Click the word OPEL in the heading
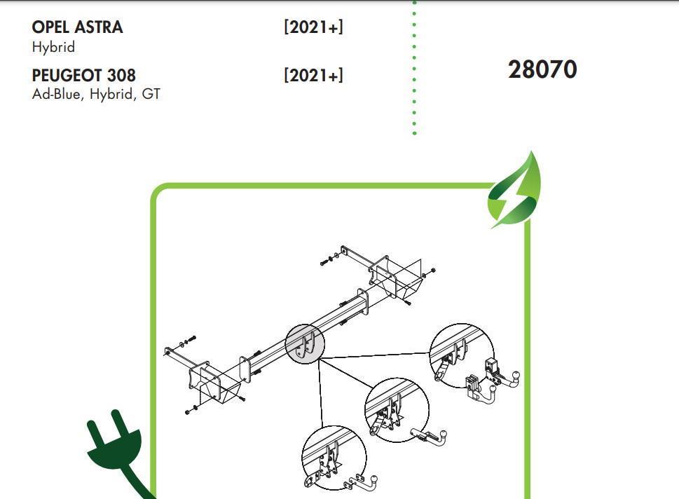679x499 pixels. [50, 27]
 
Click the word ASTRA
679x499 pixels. [99, 27]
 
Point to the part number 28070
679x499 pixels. [542, 69]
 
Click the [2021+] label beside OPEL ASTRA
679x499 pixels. [313, 27]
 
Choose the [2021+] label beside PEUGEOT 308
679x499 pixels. [313, 76]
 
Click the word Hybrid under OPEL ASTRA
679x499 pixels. [53, 47]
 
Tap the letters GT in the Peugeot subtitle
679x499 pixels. [151, 94]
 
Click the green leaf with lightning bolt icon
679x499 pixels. [514, 191]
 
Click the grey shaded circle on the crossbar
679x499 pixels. [305, 344]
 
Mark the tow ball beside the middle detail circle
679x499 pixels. [443, 434]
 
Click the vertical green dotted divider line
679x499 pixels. [414, 67]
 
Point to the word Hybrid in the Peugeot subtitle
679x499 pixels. [111, 94]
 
